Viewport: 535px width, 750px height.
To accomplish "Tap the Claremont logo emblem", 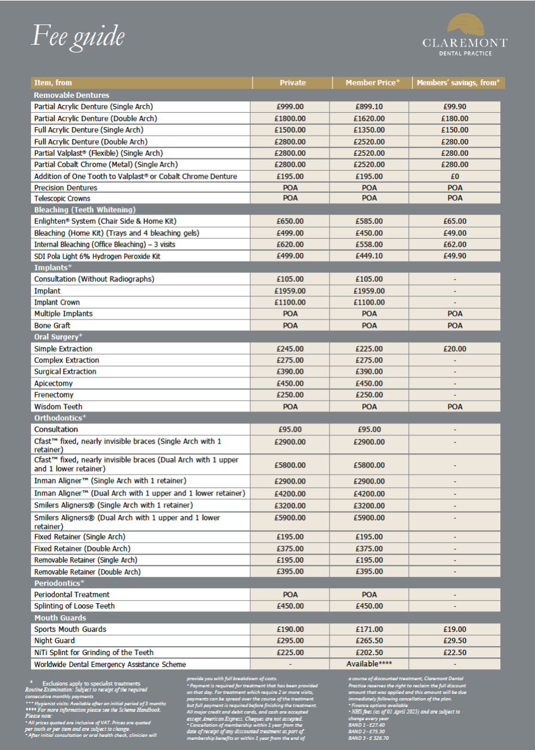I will [465, 27].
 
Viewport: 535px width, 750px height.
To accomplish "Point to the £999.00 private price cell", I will [290, 106].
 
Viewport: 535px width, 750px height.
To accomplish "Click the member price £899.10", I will [369, 106].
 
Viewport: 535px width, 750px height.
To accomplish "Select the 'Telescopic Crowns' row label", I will [63, 198].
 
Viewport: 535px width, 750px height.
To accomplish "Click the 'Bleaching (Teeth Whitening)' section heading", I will [85, 210].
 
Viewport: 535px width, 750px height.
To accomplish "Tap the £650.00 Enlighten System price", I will [290, 221].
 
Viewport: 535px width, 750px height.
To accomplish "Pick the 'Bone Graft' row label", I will [52, 325].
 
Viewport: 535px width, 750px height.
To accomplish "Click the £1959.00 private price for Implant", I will [290, 291].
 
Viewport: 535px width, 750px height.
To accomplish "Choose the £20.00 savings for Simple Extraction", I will [455, 349].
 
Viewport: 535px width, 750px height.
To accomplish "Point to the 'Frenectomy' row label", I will [54, 395].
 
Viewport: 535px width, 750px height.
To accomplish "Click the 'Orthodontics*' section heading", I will [60, 418].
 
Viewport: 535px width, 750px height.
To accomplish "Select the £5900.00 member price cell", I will [369, 518].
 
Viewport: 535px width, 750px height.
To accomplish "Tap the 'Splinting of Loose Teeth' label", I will [75, 606].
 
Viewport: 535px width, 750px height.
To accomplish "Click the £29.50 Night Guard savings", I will [455, 641].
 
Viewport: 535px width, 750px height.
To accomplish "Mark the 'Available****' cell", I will [369, 664].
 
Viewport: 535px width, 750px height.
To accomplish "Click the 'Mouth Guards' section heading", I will [60, 618].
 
